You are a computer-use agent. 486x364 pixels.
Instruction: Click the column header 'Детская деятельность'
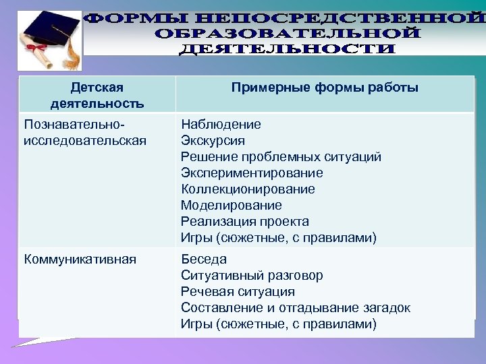point(97,95)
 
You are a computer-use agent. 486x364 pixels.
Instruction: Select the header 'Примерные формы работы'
point(325,88)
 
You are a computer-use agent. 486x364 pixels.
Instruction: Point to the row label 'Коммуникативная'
point(80,260)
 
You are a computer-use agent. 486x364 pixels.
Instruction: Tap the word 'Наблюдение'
point(221,125)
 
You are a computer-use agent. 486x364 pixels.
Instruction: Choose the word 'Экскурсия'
point(213,141)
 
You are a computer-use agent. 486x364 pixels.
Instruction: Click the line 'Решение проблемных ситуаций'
point(281,157)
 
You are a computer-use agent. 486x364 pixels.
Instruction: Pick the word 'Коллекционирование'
point(248,189)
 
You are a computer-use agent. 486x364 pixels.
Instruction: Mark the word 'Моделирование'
point(232,206)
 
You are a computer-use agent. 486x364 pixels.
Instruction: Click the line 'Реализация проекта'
point(245,222)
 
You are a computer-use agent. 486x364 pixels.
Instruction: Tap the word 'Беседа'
point(204,260)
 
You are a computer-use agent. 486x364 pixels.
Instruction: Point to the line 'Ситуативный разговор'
point(252,276)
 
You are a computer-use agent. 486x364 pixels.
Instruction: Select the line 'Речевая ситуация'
point(238,292)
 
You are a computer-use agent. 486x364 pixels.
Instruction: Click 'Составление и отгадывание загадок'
point(296,308)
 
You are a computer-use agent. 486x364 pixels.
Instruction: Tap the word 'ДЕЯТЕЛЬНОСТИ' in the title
point(288,49)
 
